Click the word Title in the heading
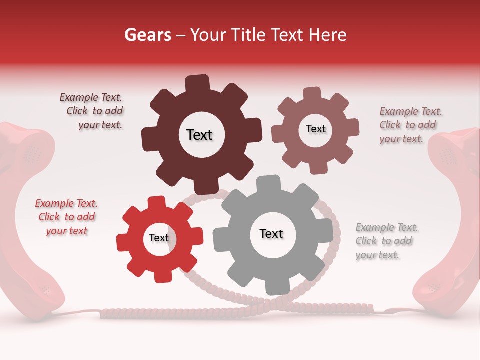pos(247,35)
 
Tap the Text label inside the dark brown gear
pos(199,135)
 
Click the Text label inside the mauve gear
pos(315,129)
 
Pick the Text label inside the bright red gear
pos(159,238)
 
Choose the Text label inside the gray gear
pos(271,233)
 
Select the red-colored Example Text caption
pos(66,217)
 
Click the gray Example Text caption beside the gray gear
pos(386,241)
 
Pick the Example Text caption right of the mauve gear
pos(410,125)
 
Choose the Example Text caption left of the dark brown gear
pos(91,111)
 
